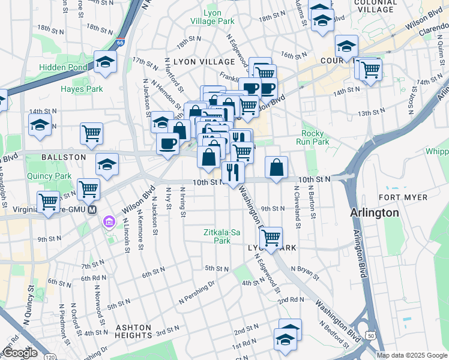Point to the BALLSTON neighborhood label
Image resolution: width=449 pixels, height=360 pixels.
[64, 157]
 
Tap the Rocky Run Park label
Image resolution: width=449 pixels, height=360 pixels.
[315, 137]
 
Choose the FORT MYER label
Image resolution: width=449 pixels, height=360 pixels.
[403, 197]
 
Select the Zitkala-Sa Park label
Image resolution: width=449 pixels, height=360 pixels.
[217, 236]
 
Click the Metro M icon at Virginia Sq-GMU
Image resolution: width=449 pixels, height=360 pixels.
[92, 210]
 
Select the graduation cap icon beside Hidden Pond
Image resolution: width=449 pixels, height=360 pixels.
[106, 62]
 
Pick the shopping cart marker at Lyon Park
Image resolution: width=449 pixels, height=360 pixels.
[271, 238]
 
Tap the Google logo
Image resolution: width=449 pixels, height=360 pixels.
[20, 353]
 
